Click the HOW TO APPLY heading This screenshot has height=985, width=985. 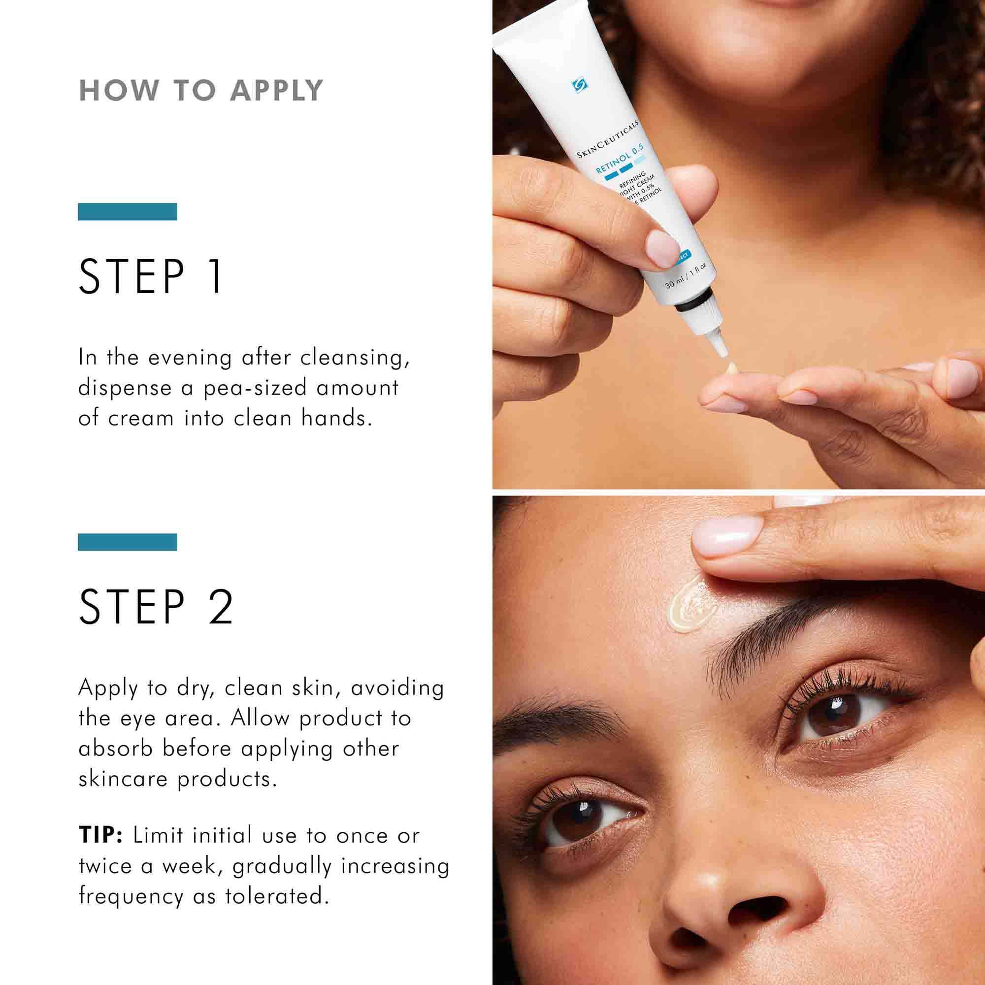[x=201, y=91]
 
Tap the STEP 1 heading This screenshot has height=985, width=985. [x=151, y=276]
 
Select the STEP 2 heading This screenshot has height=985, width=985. [x=156, y=607]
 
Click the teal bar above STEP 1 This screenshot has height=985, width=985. [x=128, y=212]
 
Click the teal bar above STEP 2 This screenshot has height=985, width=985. [x=128, y=542]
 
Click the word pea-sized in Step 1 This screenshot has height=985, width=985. [x=255, y=388]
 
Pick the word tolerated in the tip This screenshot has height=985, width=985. [x=275, y=896]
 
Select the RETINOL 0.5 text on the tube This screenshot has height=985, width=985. [x=620, y=159]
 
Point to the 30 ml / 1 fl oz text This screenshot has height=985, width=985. [x=685, y=275]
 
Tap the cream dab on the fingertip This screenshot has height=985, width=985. [x=731, y=368]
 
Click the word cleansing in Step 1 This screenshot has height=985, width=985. [x=354, y=358]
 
